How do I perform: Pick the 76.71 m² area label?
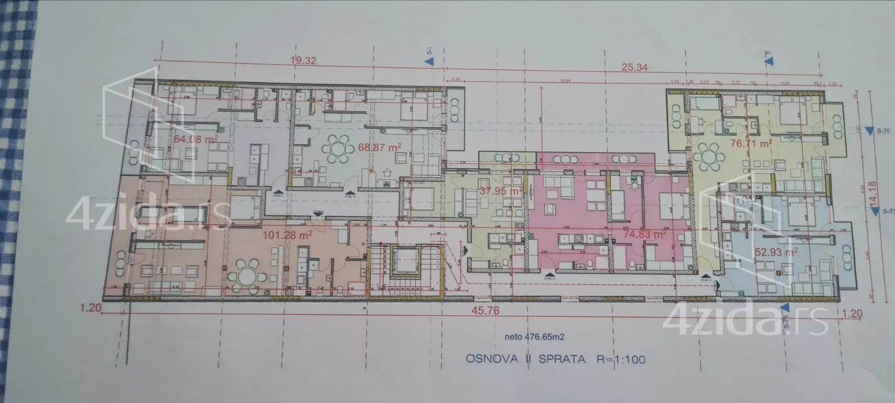[751, 143]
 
